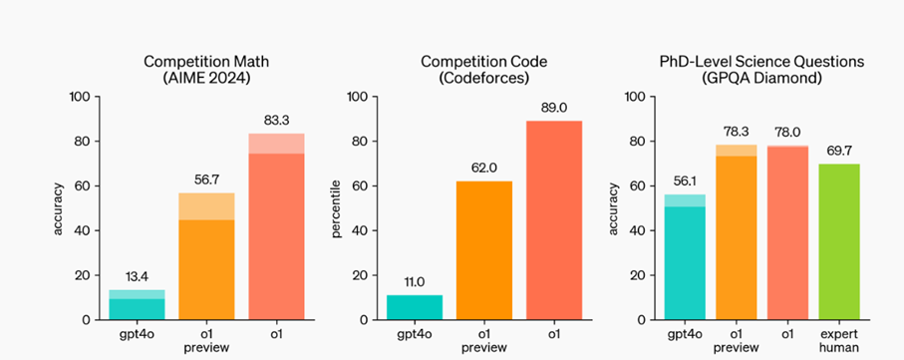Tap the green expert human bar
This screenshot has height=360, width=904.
pos(839,242)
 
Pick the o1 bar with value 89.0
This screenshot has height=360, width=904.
pos(554,220)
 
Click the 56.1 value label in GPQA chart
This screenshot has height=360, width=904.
pos(685,180)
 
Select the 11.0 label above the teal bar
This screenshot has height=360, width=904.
pos(415,280)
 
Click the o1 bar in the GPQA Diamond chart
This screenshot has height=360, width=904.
pos(788,232)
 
